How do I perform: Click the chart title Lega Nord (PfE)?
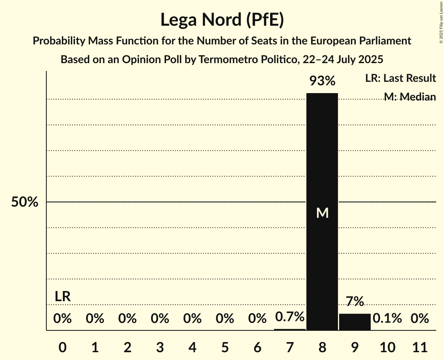(x=222, y=19)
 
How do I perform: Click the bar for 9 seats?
(x=355, y=322)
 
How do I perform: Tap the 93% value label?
(x=322, y=81)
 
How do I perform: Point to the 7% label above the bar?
(x=355, y=301)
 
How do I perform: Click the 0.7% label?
(x=290, y=317)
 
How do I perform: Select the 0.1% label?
(x=387, y=318)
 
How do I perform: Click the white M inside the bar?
(x=322, y=213)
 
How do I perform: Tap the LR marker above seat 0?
(x=62, y=296)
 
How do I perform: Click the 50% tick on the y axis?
(x=25, y=202)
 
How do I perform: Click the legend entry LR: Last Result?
(x=400, y=78)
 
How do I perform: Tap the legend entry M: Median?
(x=409, y=97)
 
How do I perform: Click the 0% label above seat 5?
(x=225, y=319)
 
